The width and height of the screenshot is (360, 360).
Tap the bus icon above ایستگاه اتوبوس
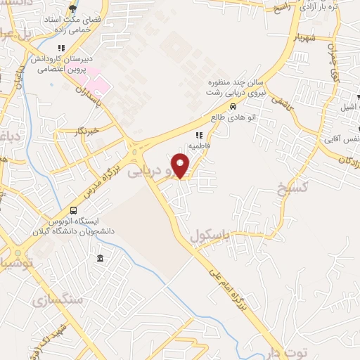pos(74,210)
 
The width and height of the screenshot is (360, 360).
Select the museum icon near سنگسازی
pos(101,258)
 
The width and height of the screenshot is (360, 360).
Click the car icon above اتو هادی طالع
pos(233,106)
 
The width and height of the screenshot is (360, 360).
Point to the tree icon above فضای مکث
pos(72,9)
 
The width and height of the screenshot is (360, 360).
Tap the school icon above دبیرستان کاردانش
pos(62,49)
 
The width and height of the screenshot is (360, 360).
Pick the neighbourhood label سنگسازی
pos(67,299)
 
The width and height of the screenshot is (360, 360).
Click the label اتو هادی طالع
pos(233,117)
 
